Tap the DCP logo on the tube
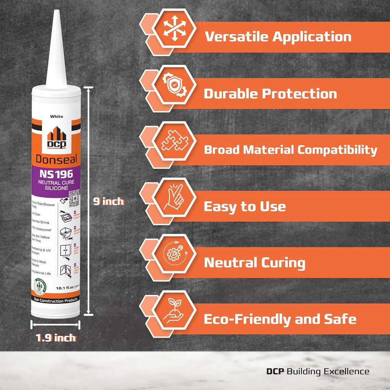click(x=56, y=138)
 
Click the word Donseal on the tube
click(x=56, y=158)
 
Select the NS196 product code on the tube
click(x=56, y=174)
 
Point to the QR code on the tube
click(x=74, y=197)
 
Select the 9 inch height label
click(x=109, y=201)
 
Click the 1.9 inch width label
click(x=56, y=337)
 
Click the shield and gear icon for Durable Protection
click(x=174, y=86)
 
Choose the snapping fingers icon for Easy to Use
click(x=174, y=198)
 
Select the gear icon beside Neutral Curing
click(x=174, y=255)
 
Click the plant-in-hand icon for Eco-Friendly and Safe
click(x=174, y=311)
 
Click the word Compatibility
click(x=337, y=150)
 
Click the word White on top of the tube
click(x=57, y=117)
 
